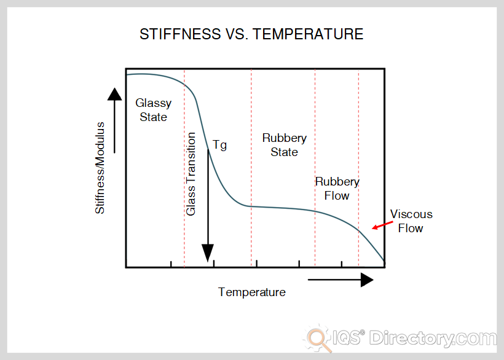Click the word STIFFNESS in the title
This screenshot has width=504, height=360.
[180, 34]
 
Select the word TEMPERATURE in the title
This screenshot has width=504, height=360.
[308, 34]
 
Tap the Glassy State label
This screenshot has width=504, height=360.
[153, 110]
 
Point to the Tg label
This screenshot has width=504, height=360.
[220, 145]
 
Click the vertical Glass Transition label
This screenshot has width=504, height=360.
[191, 174]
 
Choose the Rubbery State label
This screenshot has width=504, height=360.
[285, 145]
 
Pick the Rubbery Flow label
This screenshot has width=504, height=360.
[337, 189]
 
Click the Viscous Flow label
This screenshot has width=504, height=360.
[411, 221]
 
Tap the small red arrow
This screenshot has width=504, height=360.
[382, 225]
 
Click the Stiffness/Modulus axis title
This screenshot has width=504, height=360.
[100, 168]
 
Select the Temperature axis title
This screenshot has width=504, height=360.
[251, 292]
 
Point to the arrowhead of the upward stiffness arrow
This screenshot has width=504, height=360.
[114, 94]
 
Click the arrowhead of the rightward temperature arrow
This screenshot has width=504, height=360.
[367, 280]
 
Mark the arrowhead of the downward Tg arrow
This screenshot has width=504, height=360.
[208, 252]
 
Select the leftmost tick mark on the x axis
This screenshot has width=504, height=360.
[171, 264]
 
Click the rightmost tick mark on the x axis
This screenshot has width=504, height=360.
[341, 264]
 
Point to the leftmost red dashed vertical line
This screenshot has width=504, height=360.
[184, 168]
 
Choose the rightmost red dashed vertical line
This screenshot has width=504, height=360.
[358, 168]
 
